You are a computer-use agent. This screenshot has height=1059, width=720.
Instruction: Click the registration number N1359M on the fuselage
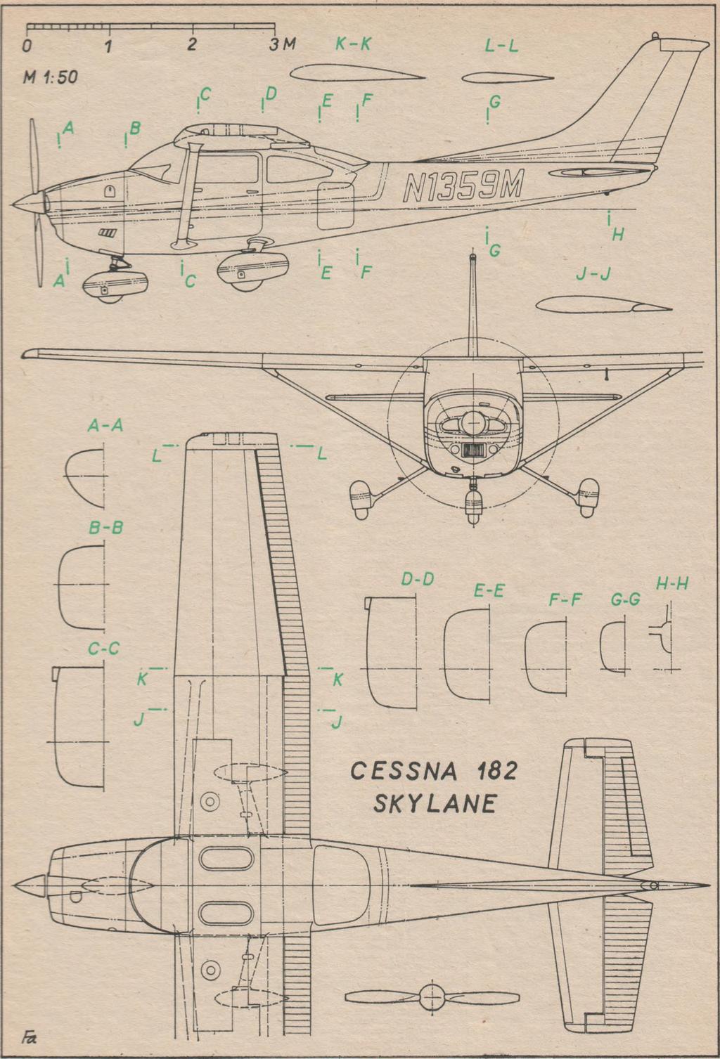click(463, 186)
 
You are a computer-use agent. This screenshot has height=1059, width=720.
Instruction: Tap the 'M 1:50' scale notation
click(50, 77)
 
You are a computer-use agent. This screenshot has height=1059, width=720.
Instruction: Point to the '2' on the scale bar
click(191, 44)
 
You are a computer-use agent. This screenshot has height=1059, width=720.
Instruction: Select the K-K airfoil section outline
click(357, 73)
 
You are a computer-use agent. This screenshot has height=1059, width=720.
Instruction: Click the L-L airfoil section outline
click(508, 77)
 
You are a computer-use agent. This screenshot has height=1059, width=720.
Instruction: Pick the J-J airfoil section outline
click(603, 304)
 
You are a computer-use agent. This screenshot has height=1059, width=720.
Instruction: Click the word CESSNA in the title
click(404, 771)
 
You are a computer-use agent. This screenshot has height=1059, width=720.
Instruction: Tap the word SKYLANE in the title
click(435, 803)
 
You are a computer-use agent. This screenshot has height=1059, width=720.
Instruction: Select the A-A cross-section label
click(105, 426)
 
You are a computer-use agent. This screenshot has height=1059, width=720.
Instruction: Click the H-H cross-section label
click(671, 585)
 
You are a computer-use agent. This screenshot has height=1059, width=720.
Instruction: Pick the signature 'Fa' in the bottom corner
click(29, 1039)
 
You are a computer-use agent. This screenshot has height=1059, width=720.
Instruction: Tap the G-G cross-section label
click(625, 599)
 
